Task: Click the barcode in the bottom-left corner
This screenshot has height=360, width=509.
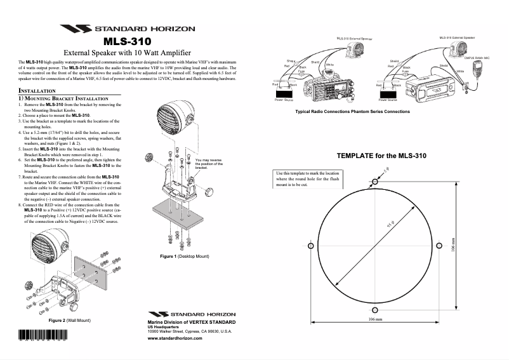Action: [42, 337]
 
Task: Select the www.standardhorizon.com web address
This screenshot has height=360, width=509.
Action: [175, 339]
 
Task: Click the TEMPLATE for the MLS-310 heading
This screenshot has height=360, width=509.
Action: [381, 156]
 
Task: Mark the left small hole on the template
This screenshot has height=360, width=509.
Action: [310, 246]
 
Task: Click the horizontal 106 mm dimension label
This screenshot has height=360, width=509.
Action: [374, 320]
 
